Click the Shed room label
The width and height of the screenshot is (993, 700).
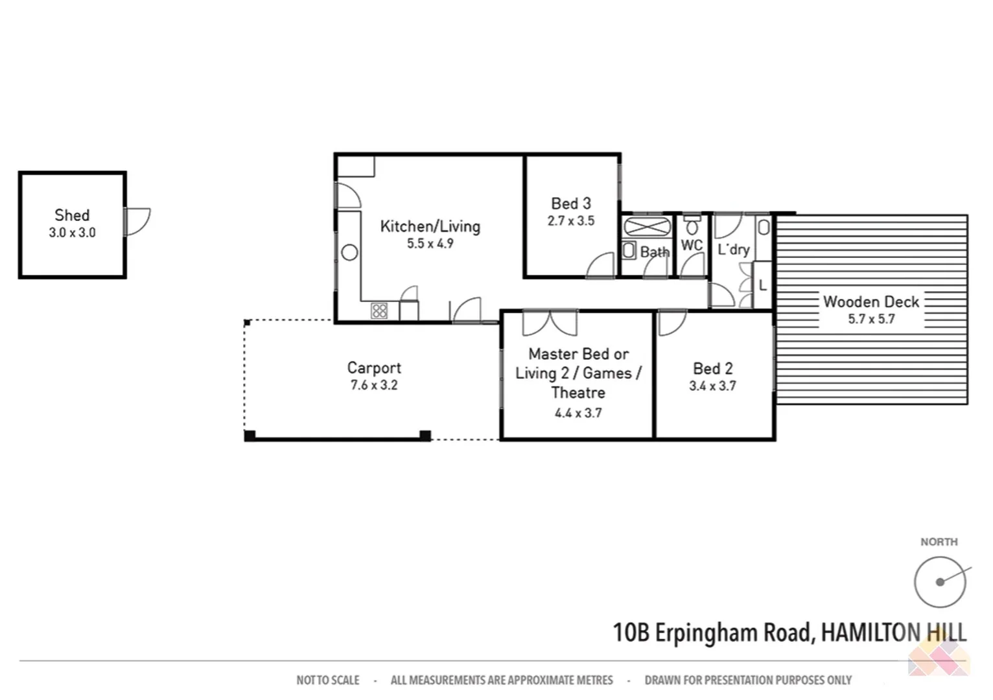[x=72, y=215]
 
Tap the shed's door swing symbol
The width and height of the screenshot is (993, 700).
[x=137, y=222]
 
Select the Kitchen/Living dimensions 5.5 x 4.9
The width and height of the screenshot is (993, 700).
[x=430, y=244]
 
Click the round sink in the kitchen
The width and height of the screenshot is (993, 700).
[x=349, y=253]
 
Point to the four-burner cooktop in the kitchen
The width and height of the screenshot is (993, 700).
[x=379, y=311]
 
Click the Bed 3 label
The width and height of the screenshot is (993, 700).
[x=570, y=204]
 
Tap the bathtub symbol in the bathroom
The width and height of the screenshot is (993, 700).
[x=647, y=227]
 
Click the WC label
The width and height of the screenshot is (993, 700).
[x=692, y=246]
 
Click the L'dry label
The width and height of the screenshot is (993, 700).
[x=733, y=250]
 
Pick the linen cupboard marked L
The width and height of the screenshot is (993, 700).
[x=763, y=285]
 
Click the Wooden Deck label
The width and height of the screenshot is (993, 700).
[x=870, y=302]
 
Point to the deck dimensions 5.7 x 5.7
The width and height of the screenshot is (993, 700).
[x=870, y=319]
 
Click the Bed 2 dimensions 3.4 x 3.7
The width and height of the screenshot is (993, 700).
[x=712, y=386]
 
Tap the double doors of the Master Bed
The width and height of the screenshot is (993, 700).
[x=550, y=323]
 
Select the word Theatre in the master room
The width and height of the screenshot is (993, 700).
[x=578, y=393]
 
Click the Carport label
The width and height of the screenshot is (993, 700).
[x=374, y=368]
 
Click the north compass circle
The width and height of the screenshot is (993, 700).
[x=940, y=582]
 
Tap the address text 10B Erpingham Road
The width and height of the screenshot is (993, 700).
[x=712, y=633]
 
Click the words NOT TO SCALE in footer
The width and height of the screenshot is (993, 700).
[x=327, y=680]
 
